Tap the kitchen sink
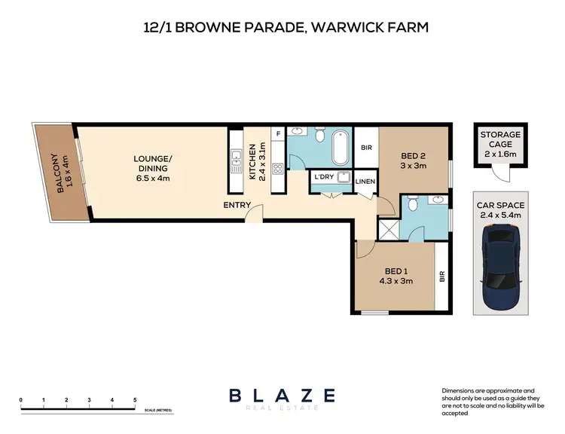click(x=235, y=160)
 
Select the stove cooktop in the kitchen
click(x=277, y=167)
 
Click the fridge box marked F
click(x=278, y=133)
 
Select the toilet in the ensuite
click(x=410, y=205)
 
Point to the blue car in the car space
click(x=499, y=265)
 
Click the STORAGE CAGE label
click(x=499, y=139)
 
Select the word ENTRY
click(x=237, y=205)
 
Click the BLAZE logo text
click(x=282, y=395)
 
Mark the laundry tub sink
click(x=345, y=178)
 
